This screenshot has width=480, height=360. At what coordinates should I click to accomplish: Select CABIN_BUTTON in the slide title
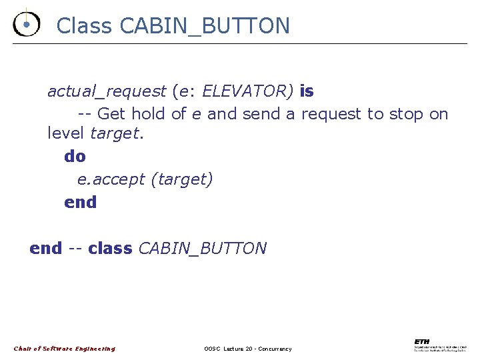pyautogui.click(x=205, y=26)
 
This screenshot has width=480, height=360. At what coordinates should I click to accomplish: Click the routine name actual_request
pyautogui.click(x=106, y=91)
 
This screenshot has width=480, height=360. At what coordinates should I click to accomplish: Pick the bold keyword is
pyautogui.click(x=307, y=91)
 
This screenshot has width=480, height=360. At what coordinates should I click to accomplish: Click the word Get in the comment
pyautogui.click(x=113, y=114)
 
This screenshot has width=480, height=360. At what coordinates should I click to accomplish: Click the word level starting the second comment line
pyautogui.click(x=65, y=133)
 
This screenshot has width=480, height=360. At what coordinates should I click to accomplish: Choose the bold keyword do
pyautogui.click(x=75, y=157)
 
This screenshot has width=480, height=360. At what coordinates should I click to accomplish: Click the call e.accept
pyautogui.click(x=111, y=179)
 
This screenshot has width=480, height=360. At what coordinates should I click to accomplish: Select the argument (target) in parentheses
pyautogui.click(x=182, y=179)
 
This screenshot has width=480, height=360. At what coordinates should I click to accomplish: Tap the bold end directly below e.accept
pyautogui.click(x=80, y=202)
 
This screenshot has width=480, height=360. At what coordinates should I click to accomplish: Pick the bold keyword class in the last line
pyautogui.click(x=110, y=249)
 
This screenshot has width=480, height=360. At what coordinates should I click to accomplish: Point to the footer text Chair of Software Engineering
pyautogui.click(x=65, y=349)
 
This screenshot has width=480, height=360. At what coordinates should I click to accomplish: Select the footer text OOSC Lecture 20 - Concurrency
pyautogui.click(x=247, y=349)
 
